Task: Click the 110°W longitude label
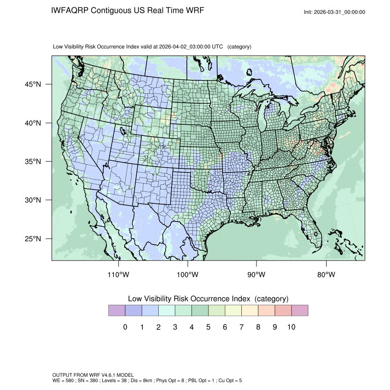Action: coord(119,275)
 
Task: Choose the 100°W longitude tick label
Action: coord(188,275)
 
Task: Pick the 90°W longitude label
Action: coord(256,275)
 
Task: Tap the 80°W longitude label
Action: coord(326,275)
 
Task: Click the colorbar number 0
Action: coord(125,327)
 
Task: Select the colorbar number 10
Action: coord(291,327)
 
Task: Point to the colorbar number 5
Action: coord(208,327)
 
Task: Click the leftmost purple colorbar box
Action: coord(117,311)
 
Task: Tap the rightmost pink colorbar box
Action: coord(300,311)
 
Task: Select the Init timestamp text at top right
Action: coord(334,12)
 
